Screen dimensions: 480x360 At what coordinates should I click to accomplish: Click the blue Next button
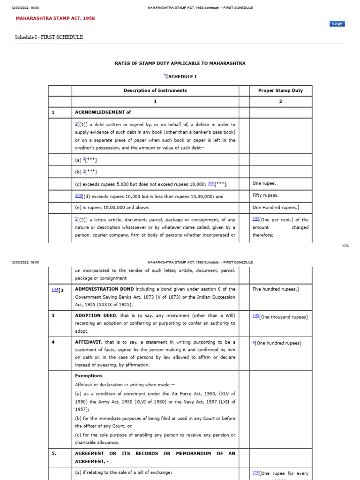click(x=337, y=24)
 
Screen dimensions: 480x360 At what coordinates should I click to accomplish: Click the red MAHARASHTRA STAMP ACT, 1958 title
click(x=55, y=18)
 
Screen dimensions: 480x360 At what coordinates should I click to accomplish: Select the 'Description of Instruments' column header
click(x=155, y=90)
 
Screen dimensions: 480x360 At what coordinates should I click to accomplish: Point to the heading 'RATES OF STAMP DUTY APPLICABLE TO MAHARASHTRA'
click(x=180, y=63)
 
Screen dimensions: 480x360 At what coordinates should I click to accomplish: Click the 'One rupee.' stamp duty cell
click(x=264, y=184)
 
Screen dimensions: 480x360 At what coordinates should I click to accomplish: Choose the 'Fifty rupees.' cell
click(x=265, y=195)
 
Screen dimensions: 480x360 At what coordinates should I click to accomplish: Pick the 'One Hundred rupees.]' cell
click(x=272, y=208)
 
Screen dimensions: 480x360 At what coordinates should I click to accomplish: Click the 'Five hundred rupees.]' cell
click(x=276, y=289)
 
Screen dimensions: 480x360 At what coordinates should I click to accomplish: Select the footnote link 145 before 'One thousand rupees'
click(x=255, y=316)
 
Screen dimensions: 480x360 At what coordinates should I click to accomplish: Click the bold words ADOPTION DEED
click(x=95, y=316)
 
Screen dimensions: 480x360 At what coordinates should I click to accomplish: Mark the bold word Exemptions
click(x=89, y=376)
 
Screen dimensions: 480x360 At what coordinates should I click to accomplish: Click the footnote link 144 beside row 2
click(x=55, y=289)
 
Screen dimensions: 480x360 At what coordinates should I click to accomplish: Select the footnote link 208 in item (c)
click(x=211, y=183)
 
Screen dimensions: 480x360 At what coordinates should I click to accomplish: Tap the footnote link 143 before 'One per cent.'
click(x=255, y=219)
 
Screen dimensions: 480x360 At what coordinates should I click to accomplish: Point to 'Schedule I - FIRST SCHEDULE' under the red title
click(x=49, y=37)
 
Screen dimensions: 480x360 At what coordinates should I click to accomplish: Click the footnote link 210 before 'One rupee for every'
click(x=255, y=473)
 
